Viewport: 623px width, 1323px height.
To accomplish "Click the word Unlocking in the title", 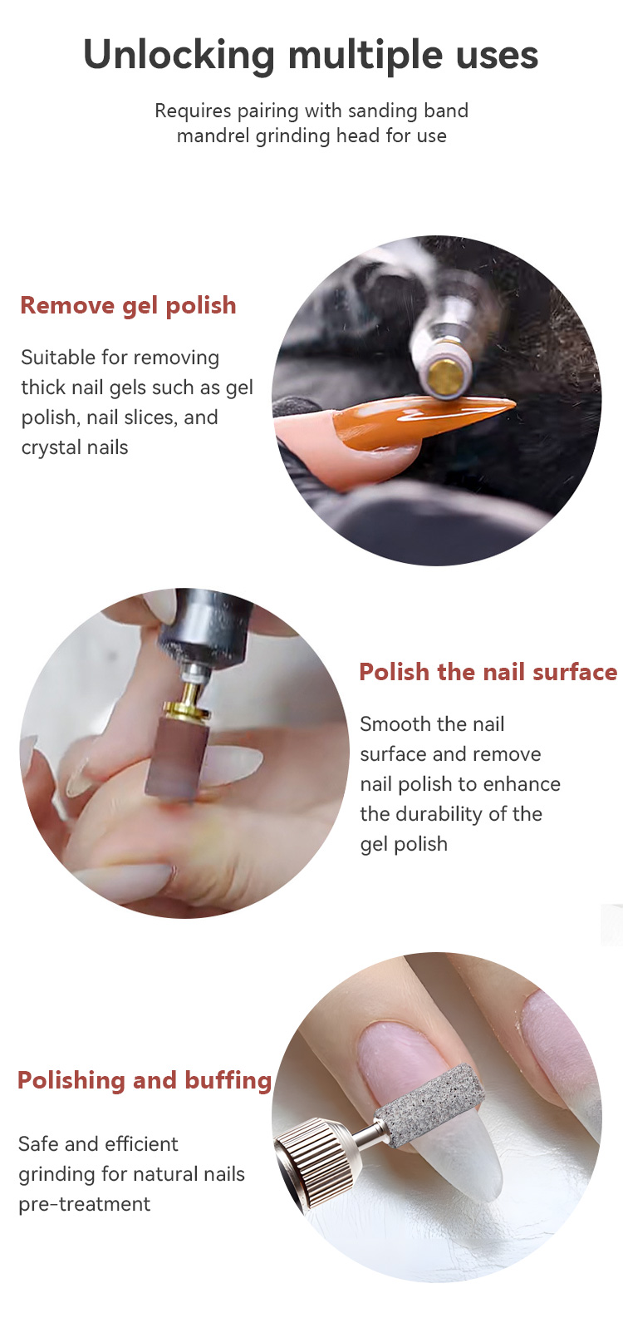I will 179,56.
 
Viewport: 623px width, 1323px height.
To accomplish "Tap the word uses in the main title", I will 497,56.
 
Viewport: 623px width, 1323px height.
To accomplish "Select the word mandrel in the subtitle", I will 213,136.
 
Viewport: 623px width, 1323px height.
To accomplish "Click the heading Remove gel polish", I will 128,305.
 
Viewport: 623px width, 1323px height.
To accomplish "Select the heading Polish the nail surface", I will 488,672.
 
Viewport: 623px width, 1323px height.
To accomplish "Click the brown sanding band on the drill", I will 175,757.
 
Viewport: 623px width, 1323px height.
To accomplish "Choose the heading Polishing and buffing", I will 145,1080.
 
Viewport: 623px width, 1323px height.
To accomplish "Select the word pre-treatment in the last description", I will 85,1204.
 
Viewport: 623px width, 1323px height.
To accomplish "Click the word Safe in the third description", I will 38,1144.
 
